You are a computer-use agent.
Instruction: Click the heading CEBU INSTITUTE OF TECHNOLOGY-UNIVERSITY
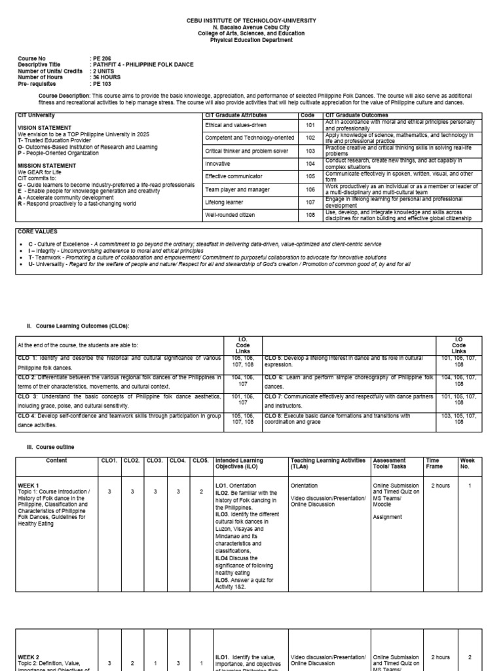tap(251, 21)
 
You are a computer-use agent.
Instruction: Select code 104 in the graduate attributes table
tap(310, 164)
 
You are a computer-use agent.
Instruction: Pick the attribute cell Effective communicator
tap(234, 176)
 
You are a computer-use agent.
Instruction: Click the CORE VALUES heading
tap(37, 231)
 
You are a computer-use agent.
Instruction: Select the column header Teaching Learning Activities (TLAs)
tap(327, 463)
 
